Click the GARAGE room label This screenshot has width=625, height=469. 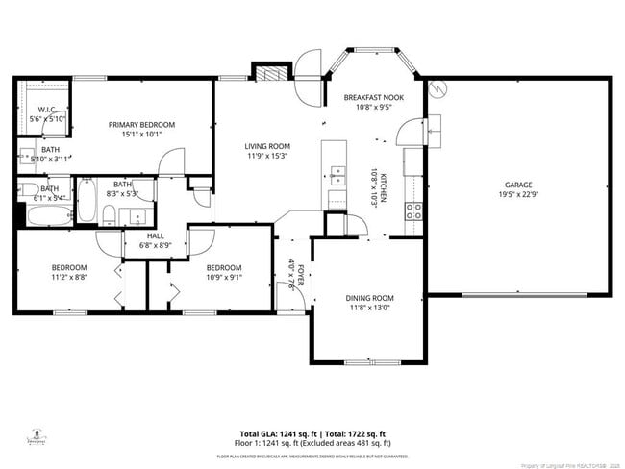pyautogui.click(x=518, y=185)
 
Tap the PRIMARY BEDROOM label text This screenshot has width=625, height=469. pyautogui.click(x=141, y=125)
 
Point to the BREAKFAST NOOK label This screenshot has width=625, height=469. pyautogui.click(x=373, y=98)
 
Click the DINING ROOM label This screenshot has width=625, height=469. pyautogui.click(x=369, y=298)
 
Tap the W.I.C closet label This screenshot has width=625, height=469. pyautogui.click(x=45, y=110)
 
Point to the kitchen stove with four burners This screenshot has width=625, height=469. pyautogui.click(x=414, y=210)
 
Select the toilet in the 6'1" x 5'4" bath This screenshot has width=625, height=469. pyautogui.click(x=29, y=188)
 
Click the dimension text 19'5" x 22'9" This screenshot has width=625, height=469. pyautogui.click(x=518, y=195)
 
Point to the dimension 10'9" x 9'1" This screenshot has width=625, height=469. pyautogui.click(x=224, y=278)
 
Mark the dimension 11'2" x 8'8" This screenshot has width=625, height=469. pyautogui.click(x=68, y=278)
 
